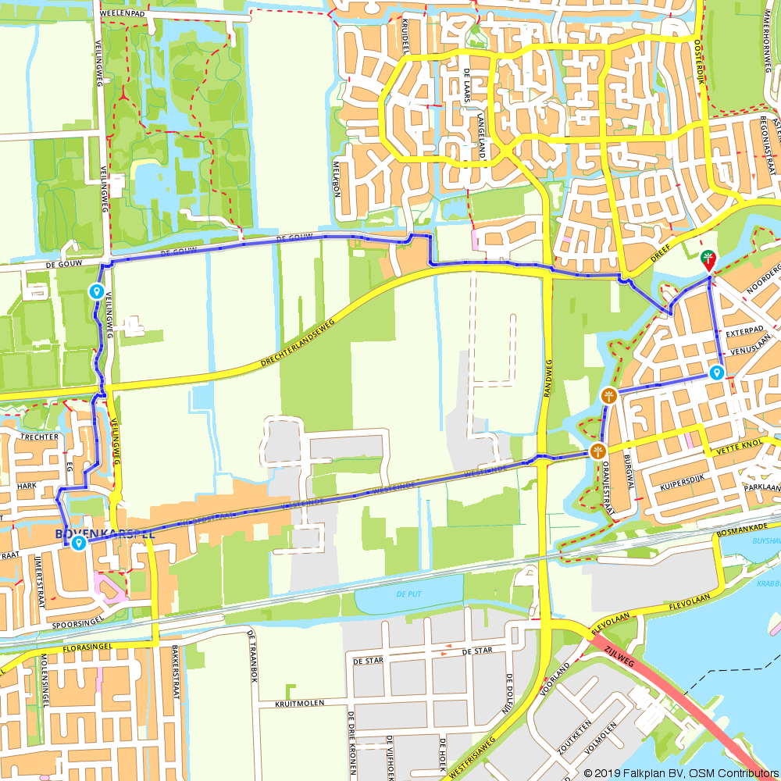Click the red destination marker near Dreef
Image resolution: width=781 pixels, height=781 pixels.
[x=708, y=260]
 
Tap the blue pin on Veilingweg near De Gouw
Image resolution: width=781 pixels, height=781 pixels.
[x=96, y=291]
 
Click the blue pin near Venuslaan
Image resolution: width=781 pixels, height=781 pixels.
[x=716, y=373]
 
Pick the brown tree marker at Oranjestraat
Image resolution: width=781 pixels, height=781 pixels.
[x=597, y=451]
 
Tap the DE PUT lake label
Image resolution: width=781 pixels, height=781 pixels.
[x=408, y=594]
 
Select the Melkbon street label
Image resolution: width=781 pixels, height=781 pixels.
[x=338, y=178]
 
